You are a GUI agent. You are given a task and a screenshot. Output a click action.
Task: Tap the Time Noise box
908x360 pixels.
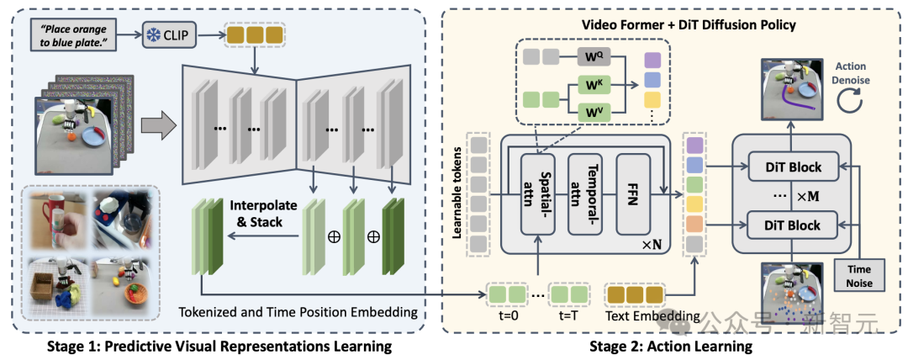[x=860, y=275]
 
